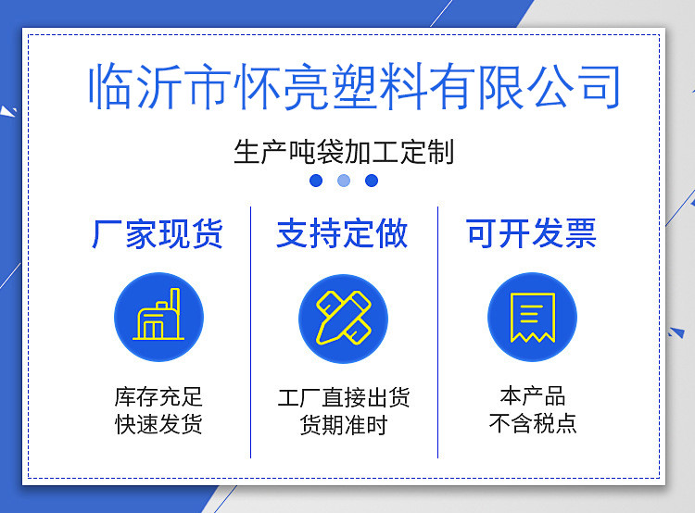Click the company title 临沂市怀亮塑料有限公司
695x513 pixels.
pos(354,86)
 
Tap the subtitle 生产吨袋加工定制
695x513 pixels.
pos(344,152)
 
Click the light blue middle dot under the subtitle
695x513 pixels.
pos(344,181)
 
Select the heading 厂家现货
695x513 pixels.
pos(157,233)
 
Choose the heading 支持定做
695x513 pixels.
pos(342,233)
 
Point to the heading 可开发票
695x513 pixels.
pos(531,233)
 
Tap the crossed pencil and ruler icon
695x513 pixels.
pos(344,318)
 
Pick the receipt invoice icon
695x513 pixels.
pos(532,318)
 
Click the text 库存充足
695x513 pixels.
pos(158,397)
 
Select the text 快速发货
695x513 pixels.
pos(158,424)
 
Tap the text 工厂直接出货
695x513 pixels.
pos(344,397)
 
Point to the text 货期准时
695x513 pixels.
pos(344,425)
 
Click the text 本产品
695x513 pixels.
pos(532,396)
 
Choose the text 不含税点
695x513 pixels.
pos(532,423)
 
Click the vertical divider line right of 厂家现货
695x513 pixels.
pos(250,332)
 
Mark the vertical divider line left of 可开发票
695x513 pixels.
pos(437,332)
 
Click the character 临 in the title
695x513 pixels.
pos(111,86)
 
